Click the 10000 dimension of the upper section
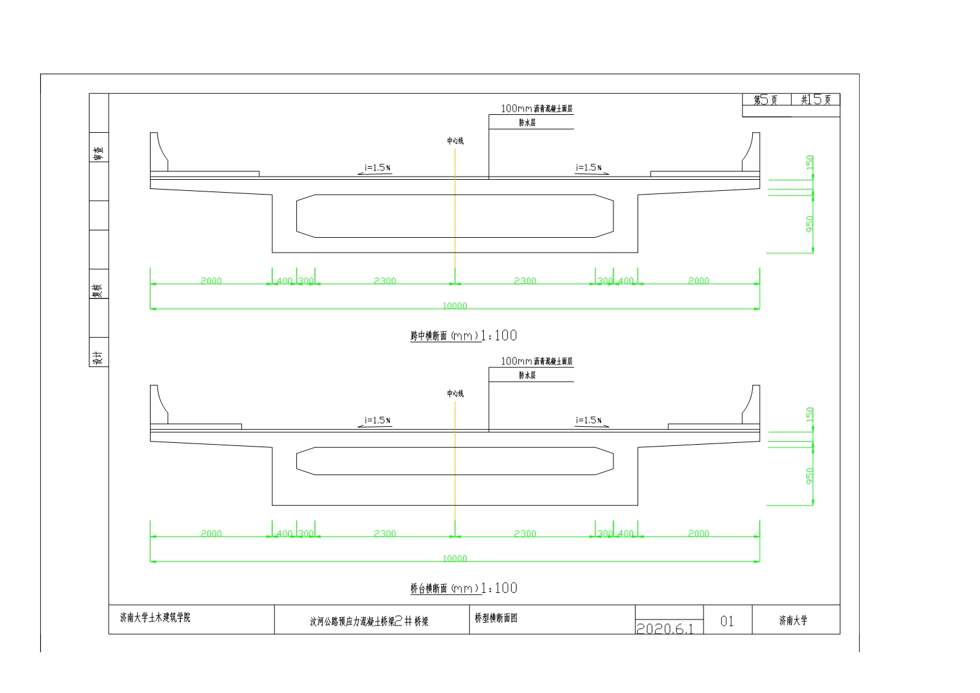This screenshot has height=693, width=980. tap(455, 306)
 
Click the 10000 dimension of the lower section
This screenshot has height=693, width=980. tap(455, 558)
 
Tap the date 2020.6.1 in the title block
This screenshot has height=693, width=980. tap(665, 628)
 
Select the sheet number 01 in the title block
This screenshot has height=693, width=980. tap(727, 621)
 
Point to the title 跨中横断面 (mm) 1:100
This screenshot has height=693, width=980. tap(463, 336)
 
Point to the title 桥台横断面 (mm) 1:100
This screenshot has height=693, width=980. tap(463, 589)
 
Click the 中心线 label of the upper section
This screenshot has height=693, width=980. tap(455, 141)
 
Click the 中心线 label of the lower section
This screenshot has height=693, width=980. tap(455, 393)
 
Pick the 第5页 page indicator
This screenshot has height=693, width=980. tap(766, 100)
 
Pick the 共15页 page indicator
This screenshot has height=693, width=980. tap(816, 100)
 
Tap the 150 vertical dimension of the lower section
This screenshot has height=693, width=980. tap(810, 414)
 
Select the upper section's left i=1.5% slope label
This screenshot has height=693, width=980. tap(378, 167)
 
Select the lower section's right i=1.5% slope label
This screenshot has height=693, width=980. tap(589, 420)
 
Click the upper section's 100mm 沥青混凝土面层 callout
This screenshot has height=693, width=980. tap(537, 109)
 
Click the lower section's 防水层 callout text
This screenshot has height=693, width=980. tap(527, 375)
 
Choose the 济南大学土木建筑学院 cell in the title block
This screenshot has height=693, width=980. tap(155, 617)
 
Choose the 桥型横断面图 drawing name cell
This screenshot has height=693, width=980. tap(496, 618)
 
